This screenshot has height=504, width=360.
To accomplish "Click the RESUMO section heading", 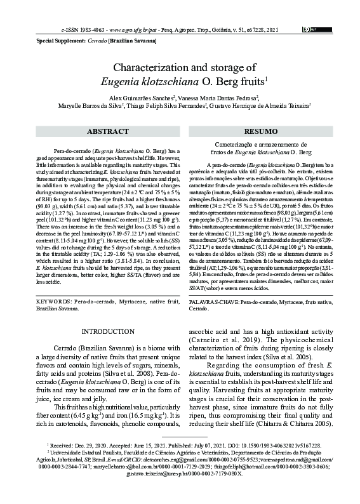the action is pyautogui.click(x=255, y=132).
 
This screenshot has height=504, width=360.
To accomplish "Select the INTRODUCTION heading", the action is pyautogui.click(x=104, y=331).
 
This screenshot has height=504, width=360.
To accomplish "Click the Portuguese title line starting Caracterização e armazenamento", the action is pyautogui.click(x=255, y=146).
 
